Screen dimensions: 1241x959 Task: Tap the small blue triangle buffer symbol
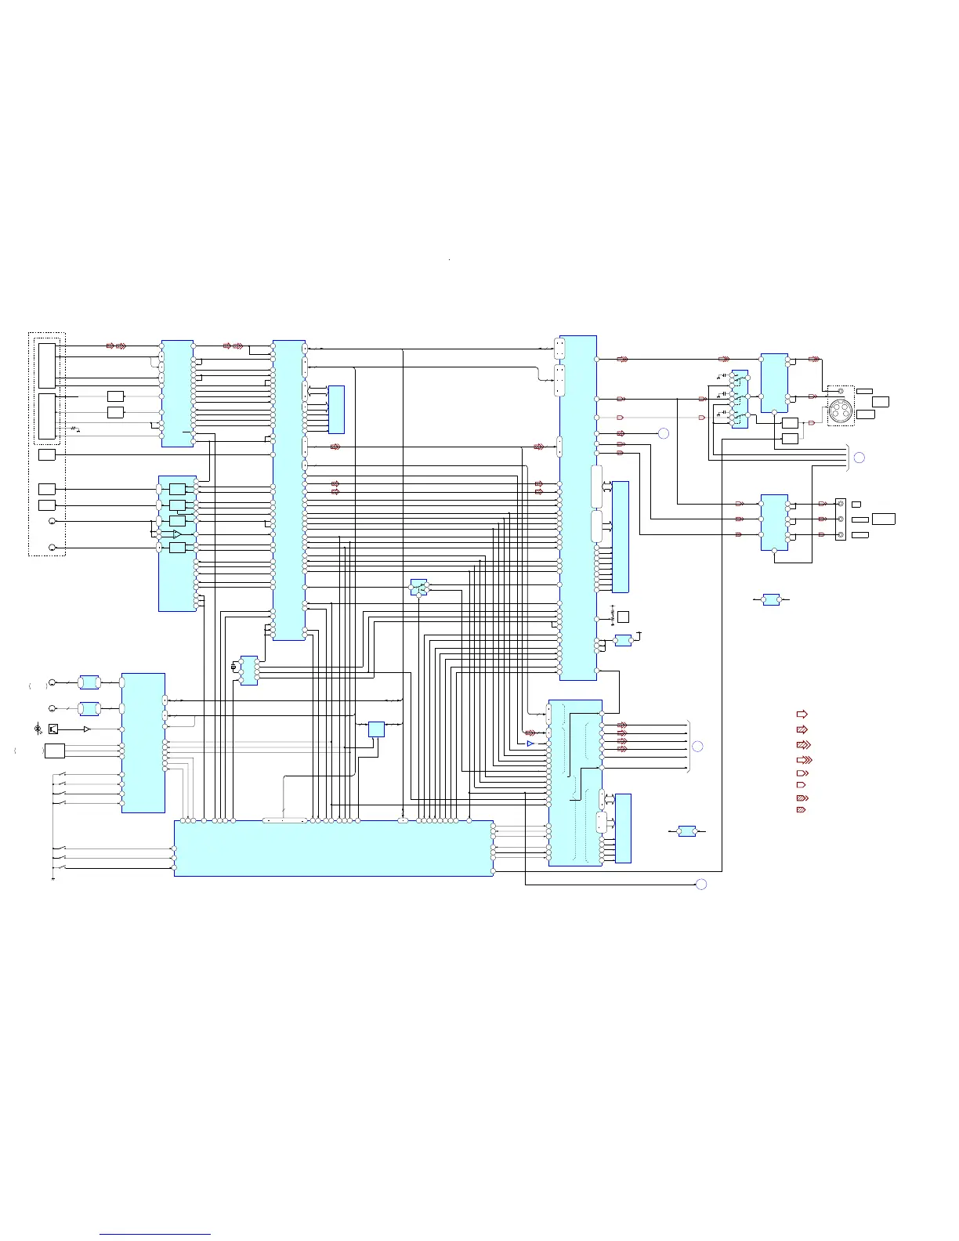point(530,743)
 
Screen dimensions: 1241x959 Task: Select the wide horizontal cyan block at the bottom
point(333,848)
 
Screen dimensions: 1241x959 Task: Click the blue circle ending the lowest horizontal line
point(701,885)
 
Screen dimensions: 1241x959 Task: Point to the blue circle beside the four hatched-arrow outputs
point(698,746)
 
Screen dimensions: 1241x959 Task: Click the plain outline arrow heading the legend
point(802,714)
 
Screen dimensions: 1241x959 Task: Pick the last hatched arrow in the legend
point(801,809)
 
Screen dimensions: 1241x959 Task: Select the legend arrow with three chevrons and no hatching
point(803,759)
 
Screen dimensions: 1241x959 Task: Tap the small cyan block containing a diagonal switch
point(419,587)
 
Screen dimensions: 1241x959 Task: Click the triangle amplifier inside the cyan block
point(177,534)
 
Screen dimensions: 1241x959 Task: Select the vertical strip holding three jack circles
point(841,519)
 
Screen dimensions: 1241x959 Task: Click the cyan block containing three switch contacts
point(739,400)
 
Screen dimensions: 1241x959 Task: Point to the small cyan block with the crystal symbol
point(249,670)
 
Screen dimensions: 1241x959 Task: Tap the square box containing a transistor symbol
point(53,729)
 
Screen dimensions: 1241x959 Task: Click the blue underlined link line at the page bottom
point(155,1235)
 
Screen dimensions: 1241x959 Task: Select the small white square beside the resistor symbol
point(623,617)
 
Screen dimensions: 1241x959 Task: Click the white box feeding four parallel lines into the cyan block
point(54,751)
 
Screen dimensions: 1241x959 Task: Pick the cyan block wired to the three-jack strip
point(774,522)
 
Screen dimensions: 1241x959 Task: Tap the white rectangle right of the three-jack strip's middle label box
point(883,519)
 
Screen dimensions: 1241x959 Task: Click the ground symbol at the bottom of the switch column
point(52,878)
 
